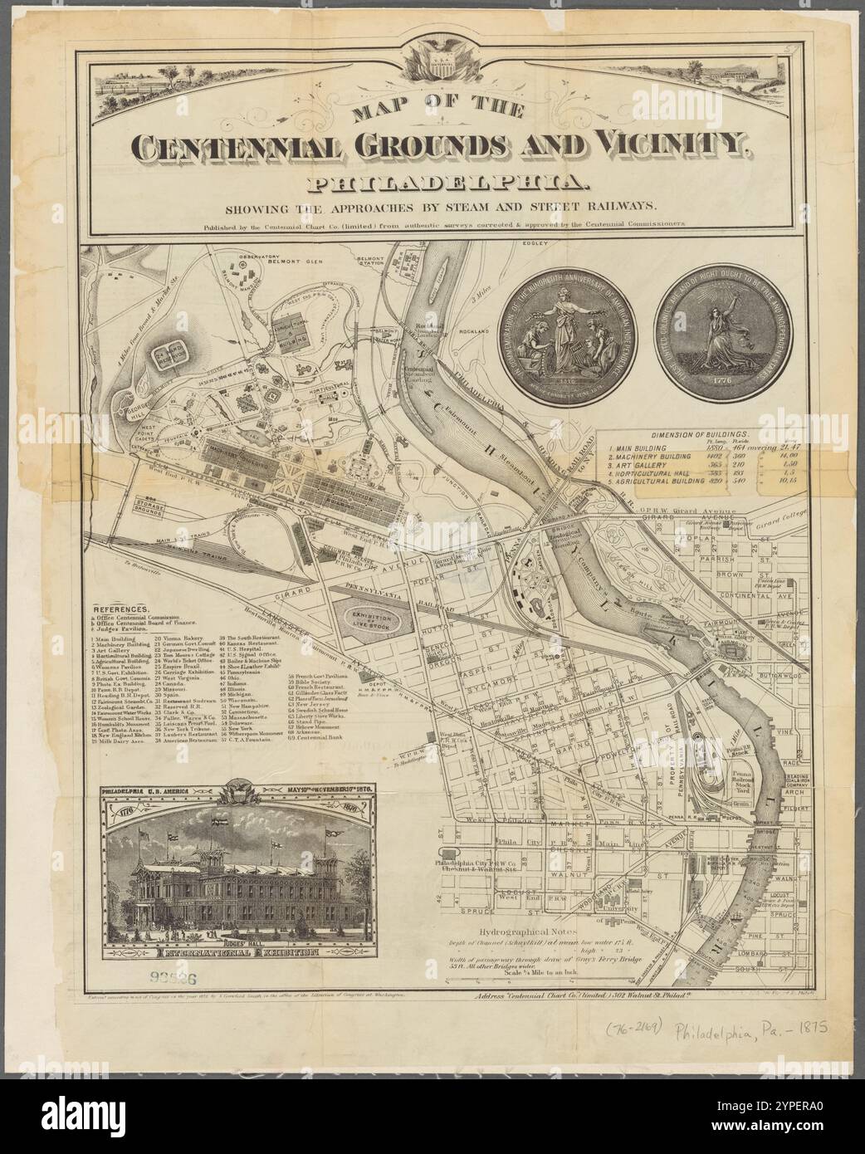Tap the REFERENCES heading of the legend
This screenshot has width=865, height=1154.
point(121,609)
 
